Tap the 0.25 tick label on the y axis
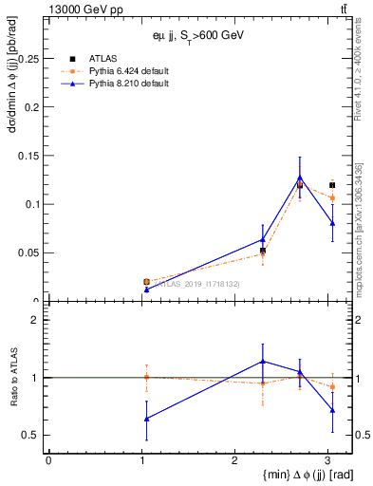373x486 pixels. pyautogui.click(x=29, y=59)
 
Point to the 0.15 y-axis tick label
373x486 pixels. pyautogui.click(x=29, y=156)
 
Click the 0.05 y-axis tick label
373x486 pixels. pyautogui.click(x=29, y=252)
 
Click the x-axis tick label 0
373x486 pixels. pyautogui.click(x=48, y=460)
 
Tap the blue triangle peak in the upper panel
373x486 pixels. pyautogui.click(x=300, y=178)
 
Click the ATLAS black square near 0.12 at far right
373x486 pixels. pyautogui.click(x=331, y=184)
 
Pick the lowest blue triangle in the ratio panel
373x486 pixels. pyautogui.click(x=145, y=419)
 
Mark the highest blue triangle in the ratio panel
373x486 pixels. pyautogui.click(x=263, y=362)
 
